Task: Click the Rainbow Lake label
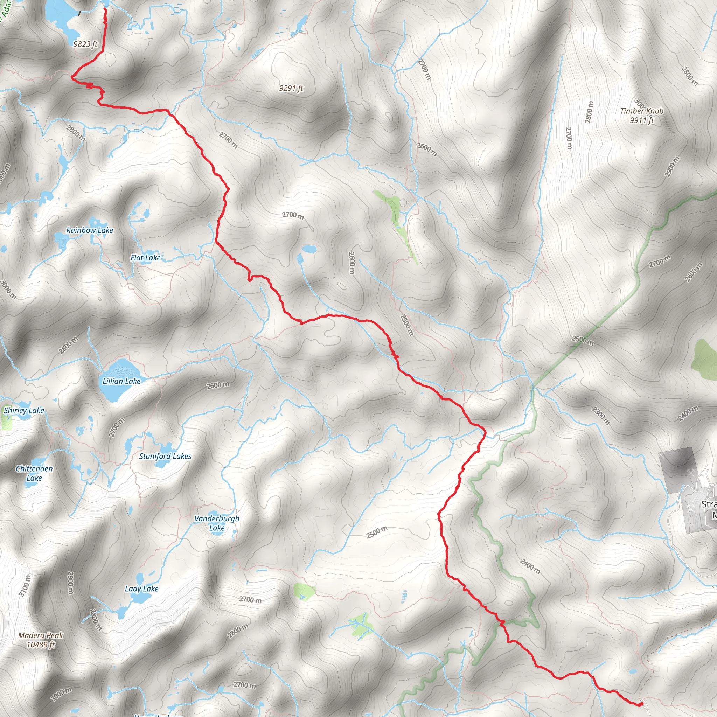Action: (89, 230)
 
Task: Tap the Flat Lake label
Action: (146, 258)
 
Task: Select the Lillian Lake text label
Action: (121, 382)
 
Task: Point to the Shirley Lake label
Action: (24, 410)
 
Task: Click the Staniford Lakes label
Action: (165, 457)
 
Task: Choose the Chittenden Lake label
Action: (34, 473)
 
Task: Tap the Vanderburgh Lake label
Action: (217, 523)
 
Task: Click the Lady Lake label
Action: (141, 589)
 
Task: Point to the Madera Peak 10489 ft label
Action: (41, 640)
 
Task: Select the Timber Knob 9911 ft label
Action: (642, 116)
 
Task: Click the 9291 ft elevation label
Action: (291, 88)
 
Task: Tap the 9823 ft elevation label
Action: (85, 44)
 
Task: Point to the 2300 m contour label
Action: (600, 415)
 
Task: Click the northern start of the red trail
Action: (105, 8)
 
